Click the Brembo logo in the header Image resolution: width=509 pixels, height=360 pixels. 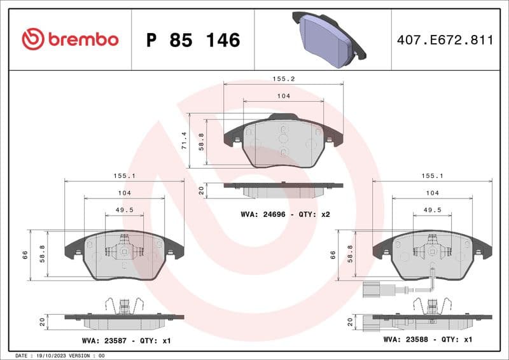[70, 39]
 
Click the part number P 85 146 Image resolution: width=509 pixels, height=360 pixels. [193, 40]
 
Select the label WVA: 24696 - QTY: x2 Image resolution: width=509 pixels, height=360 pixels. [285, 214]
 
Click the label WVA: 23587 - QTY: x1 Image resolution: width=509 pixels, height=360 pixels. [126, 341]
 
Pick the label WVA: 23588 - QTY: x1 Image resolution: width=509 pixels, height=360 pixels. [428, 340]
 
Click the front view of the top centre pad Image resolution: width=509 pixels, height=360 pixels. [283, 143]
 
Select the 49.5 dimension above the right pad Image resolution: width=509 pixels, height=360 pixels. [432, 209]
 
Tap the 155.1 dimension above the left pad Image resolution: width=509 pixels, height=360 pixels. [124, 175]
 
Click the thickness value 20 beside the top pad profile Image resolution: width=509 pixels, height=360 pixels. [201, 190]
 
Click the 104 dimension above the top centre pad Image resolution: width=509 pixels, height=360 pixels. [283, 95]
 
